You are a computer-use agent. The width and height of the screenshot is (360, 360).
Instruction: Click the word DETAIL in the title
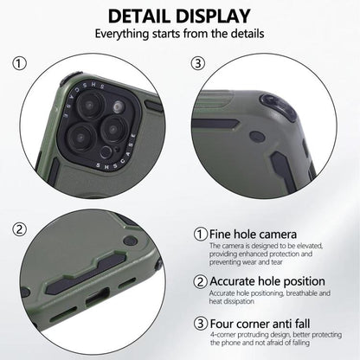[139, 16]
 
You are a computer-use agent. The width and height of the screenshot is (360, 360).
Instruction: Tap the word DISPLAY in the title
[213, 16]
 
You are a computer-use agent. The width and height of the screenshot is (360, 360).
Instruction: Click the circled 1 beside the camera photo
[19, 63]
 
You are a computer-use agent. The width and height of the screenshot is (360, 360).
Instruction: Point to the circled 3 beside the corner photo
[198, 63]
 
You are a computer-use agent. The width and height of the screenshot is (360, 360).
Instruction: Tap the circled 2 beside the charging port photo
[19, 230]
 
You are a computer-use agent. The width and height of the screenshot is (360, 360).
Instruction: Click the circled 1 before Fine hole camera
[201, 235]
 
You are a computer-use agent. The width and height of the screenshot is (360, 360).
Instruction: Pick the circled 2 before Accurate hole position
[201, 281]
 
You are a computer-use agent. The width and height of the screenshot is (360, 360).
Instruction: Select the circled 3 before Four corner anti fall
[201, 324]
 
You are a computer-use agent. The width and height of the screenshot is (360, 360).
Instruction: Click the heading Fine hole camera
[253, 235]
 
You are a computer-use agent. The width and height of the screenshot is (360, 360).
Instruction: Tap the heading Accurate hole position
[267, 281]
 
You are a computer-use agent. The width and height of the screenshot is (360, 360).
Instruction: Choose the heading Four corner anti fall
[260, 324]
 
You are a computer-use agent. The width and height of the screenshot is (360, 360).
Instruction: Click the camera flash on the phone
[118, 107]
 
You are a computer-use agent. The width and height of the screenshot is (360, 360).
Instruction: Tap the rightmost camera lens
[114, 129]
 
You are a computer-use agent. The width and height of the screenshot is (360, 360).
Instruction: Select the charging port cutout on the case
[97, 297]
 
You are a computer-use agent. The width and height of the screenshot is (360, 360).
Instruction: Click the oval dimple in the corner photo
[257, 137]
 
